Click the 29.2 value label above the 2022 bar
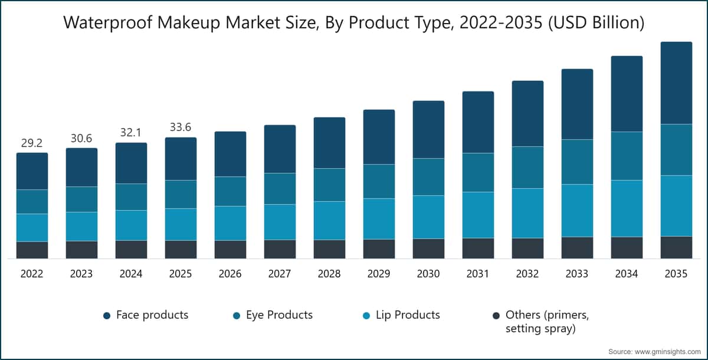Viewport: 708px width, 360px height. coord(32,143)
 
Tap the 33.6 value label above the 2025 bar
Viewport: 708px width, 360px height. coord(181,127)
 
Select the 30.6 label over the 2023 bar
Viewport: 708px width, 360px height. coord(81,138)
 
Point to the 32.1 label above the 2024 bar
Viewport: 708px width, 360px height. coord(131,133)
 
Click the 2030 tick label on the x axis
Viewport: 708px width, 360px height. coord(428,274)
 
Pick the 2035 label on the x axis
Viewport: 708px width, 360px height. coord(676,274)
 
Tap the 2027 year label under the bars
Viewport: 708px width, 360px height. coord(280,274)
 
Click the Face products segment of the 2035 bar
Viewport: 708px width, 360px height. coord(676,83)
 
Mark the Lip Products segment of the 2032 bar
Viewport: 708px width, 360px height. coord(527,213)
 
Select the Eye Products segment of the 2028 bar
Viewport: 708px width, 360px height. coord(329,185)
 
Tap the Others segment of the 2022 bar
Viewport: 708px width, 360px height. coord(32,250)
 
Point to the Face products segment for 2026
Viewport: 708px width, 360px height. coord(230,154)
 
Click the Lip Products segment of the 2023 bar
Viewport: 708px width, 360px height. coord(81,226)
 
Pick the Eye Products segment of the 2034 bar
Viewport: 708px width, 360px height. coord(627,156)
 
